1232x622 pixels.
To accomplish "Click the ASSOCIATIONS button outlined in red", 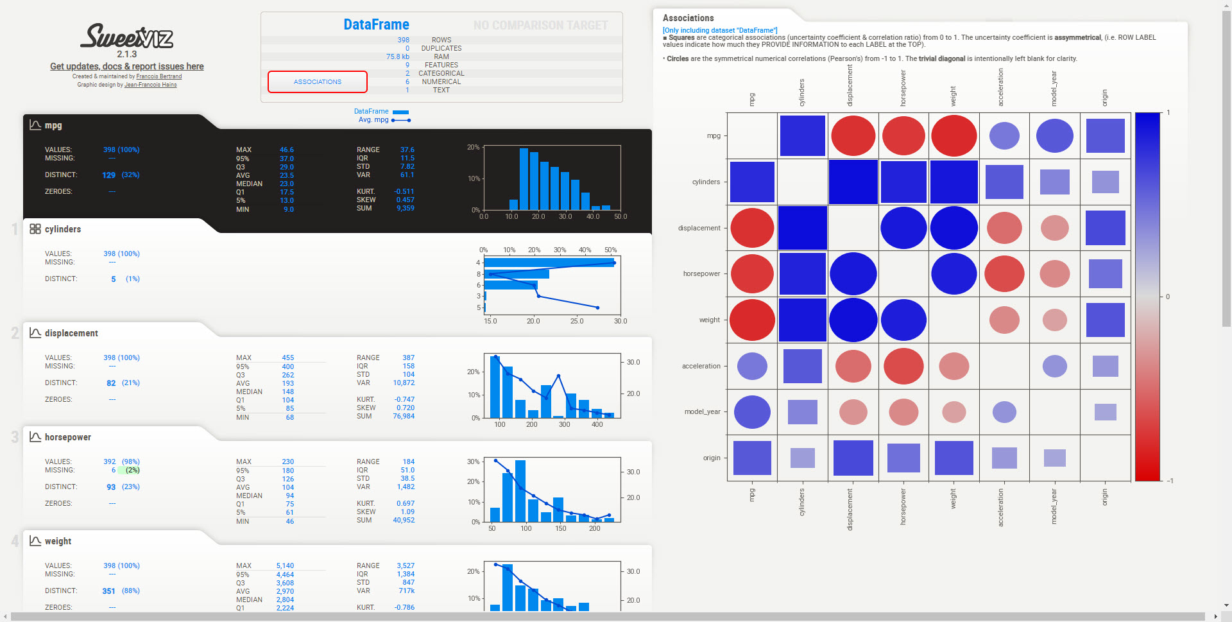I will (x=318, y=82).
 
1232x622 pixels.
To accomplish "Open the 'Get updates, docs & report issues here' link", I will (x=127, y=66).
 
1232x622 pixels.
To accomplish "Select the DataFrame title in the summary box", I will (x=376, y=24).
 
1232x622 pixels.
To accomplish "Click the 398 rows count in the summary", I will (x=403, y=40).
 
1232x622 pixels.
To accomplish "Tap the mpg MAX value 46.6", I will (x=286, y=150).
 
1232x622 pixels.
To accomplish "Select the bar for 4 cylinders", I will (x=549, y=263).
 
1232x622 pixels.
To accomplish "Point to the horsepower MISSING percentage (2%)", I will (x=132, y=470).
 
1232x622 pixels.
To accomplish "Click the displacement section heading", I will (x=71, y=333).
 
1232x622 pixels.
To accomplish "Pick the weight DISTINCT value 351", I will (x=108, y=591).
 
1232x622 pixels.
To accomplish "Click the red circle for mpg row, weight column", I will (x=954, y=136).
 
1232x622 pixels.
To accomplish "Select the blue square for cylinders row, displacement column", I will (x=853, y=182).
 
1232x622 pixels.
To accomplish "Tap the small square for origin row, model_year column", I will (x=1054, y=458).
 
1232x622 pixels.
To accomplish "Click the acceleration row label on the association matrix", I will (x=701, y=366).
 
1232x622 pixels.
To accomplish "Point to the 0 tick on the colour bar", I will (x=1167, y=297).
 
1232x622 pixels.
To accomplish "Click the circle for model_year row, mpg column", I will (x=752, y=412).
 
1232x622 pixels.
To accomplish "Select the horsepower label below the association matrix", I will (x=903, y=506).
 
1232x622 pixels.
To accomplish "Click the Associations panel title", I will (x=688, y=18).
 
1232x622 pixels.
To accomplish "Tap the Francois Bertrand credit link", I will (x=158, y=76).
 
